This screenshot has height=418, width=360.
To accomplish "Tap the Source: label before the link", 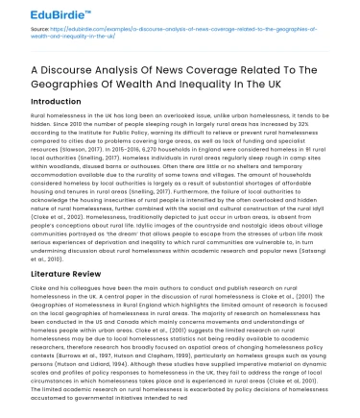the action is pyautogui.click(x=29, y=37).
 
